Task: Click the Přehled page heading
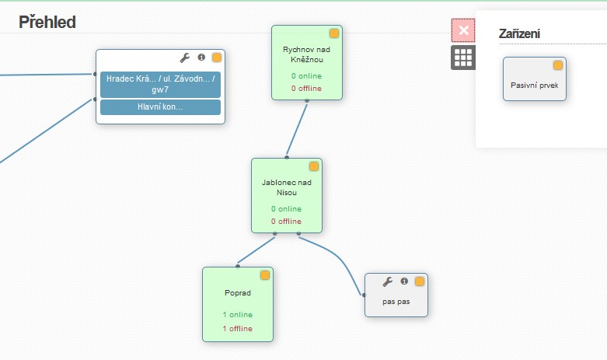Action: [47, 22]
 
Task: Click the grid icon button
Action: [463, 58]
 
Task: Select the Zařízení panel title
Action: [519, 34]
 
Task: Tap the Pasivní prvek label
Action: [534, 86]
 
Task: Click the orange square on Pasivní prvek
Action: [558, 65]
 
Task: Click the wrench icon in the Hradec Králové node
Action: [185, 58]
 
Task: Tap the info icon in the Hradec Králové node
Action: [201, 58]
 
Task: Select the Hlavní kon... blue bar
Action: [160, 107]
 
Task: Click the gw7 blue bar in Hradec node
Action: [160, 85]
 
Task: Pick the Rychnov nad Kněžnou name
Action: [306, 54]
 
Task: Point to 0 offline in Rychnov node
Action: [306, 89]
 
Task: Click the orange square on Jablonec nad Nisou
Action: [314, 166]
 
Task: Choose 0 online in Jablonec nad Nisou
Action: [287, 208]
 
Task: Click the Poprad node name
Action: [238, 293]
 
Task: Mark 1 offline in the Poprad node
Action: [238, 329]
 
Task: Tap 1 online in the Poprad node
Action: [238, 315]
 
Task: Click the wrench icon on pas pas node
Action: [388, 281]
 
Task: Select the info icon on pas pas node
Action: [404, 281]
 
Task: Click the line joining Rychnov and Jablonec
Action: [297, 129]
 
